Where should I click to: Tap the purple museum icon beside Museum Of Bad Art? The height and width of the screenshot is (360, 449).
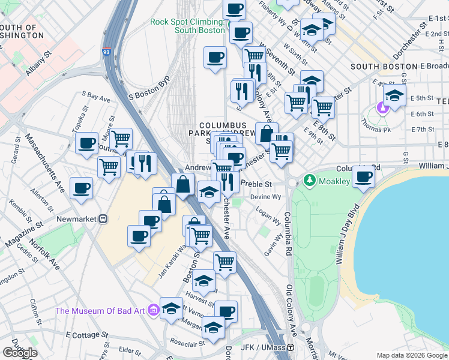[153, 310]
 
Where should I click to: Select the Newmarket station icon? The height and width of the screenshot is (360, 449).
[103, 220]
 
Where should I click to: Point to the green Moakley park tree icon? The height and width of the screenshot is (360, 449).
[310, 179]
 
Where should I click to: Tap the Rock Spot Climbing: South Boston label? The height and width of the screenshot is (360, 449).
[187, 26]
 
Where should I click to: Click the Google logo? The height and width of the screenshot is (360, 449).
[20, 353]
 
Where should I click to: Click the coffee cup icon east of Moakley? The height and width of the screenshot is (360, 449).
[363, 176]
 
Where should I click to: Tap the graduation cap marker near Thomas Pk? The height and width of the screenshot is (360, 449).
[394, 95]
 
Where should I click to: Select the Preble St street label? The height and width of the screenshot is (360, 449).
[256, 184]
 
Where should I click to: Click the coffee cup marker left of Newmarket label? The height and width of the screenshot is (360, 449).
[81, 187]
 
